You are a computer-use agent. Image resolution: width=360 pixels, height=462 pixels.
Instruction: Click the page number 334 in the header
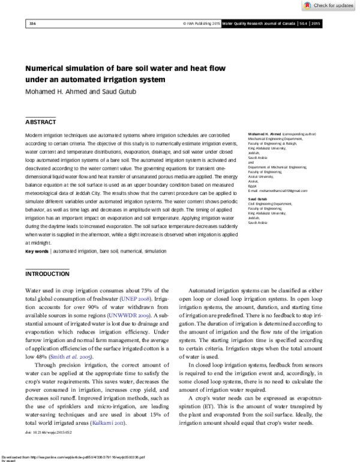tap(32, 23)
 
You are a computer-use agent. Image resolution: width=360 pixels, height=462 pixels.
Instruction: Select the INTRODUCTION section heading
tap(47, 274)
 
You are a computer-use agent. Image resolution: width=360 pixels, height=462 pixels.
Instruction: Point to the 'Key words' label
tap(37, 251)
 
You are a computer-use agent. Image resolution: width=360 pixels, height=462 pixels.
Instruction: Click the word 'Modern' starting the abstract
tap(36, 136)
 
